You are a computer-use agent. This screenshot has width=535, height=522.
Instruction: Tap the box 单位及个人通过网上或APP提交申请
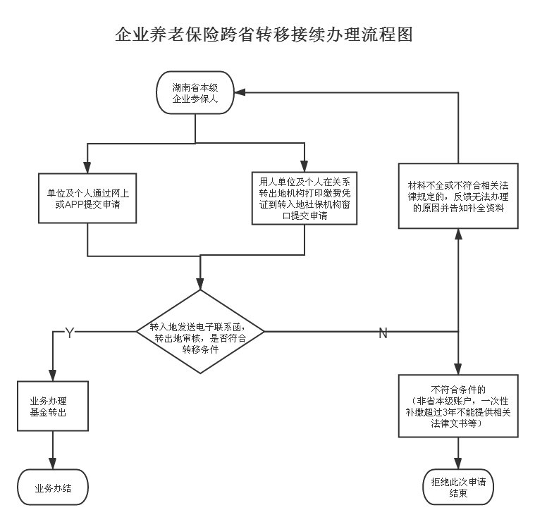click(87, 198)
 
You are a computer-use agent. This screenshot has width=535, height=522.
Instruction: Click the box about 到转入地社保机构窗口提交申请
click(305, 199)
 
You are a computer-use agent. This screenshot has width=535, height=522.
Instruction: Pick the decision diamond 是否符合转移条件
click(200, 332)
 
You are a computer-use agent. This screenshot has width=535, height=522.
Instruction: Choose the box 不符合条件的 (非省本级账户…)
click(459, 406)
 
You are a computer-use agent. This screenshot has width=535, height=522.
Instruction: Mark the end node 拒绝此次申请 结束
click(459, 487)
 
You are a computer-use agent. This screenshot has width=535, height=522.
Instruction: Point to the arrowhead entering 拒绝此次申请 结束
click(459, 464)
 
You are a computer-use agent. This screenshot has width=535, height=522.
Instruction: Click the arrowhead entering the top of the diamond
click(200, 285)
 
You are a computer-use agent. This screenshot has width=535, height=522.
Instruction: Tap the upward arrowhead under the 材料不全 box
click(459, 234)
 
